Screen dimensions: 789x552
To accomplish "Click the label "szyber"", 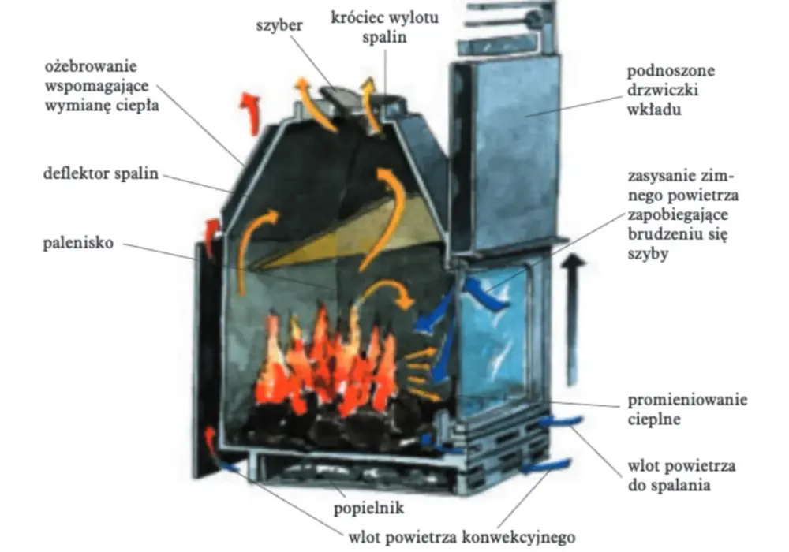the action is click(x=279, y=25).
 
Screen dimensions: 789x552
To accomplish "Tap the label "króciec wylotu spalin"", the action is click(x=385, y=27).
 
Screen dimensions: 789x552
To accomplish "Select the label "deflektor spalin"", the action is click(x=101, y=173).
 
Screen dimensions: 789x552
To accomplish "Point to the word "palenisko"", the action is click(x=78, y=243).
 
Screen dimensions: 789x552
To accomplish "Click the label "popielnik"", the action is click(x=368, y=508).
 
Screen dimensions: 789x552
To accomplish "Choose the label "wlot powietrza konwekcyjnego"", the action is click(x=462, y=537).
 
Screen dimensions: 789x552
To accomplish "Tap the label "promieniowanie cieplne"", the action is click(x=687, y=409).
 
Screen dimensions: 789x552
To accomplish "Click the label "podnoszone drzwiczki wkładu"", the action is click(x=671, y=90).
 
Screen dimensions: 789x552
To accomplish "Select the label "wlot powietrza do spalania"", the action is click(x=682, y=475).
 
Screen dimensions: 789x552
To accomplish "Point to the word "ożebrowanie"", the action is click(x=91, y=66).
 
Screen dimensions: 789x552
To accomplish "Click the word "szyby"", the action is click(x=648, y=253).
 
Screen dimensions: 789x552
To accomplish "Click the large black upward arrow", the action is click(x=572, y=319).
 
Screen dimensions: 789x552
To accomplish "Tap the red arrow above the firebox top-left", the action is click(x=250, y=113).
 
